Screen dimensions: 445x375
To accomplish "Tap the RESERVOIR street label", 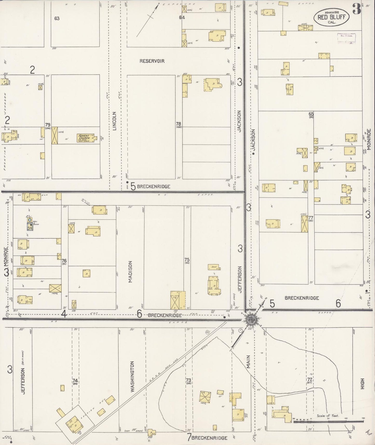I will pos(152,61).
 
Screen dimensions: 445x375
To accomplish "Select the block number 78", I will pos(178,124).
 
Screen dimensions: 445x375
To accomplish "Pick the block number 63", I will pos(57,18).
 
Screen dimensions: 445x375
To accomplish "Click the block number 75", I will pos(187,259).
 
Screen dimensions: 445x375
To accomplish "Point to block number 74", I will pos(75,381).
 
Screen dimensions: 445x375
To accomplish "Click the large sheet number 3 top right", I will pos(357,10).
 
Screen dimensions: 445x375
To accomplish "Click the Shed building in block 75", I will pos(214,267).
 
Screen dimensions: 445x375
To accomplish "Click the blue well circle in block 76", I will pos(30,220).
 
